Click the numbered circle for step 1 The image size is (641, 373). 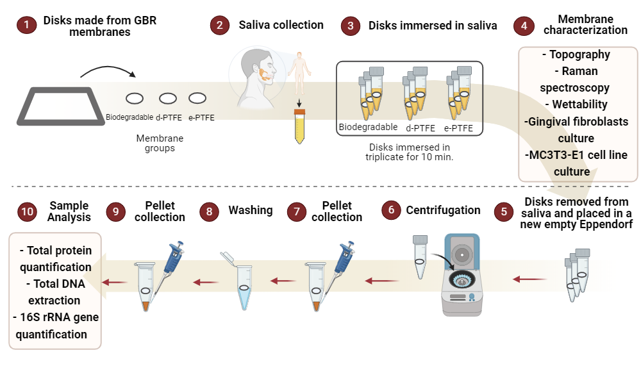[26, 26]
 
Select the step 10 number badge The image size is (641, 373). [26, 211]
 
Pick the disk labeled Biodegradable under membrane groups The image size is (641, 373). [135, 99]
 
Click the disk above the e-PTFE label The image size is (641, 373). [197, 98]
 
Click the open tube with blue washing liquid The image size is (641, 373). [244, 282]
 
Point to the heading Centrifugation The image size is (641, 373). [443, 210]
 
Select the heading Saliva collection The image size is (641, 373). [281, 25]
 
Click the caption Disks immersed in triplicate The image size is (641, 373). [409, 152]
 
